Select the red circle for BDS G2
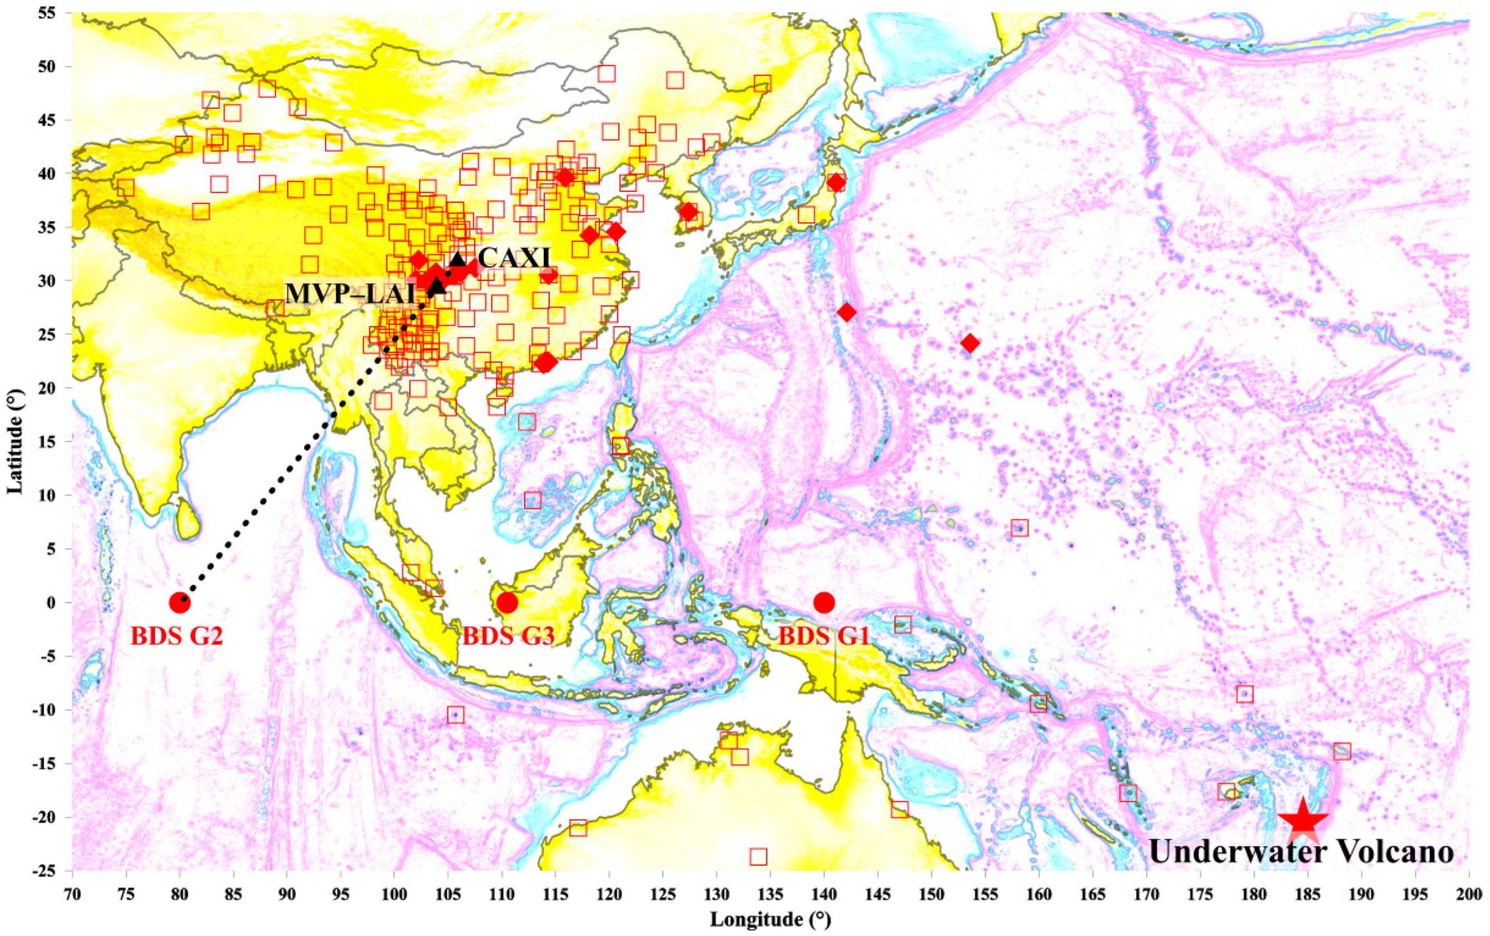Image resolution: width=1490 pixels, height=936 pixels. (x=180, y=602)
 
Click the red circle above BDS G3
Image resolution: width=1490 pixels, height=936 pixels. (x=507, y=602)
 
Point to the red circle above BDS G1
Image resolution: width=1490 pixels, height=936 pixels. (x=824, y=602)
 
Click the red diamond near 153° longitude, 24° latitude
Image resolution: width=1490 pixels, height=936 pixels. (x=970, y=343)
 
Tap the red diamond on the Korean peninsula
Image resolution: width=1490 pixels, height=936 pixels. (x=688, y=212)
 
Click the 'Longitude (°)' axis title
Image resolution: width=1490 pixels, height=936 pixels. (x=771, y=920)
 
